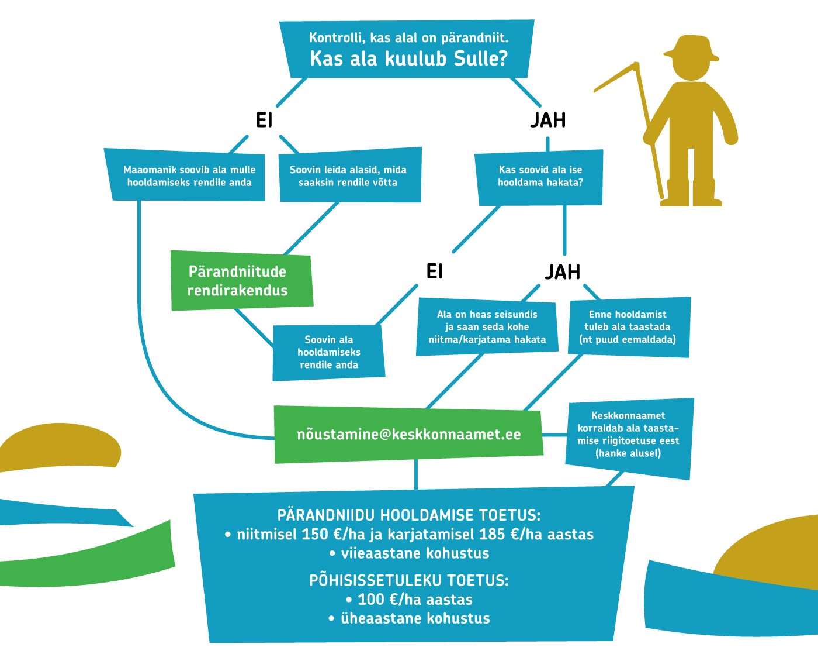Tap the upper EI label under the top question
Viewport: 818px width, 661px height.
pyautogui.click(x=264, y=121)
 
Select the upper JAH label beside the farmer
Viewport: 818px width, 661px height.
pyautogui.click(x=548, y=120)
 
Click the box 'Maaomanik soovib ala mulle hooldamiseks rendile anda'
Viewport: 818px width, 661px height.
pyautogui.click(x=185, y=175)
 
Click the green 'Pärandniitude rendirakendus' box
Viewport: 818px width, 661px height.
pyautogui.click(x=241, y=281)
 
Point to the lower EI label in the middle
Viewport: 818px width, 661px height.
pyautogui.click(x=434, y=272)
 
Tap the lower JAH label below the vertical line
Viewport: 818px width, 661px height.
pyautogui.click(x=562, y=272)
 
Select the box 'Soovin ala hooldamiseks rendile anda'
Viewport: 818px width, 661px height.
pyautogui.click(x=328, y=353)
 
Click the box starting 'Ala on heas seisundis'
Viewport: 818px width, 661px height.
pyautogui.click(x=487, y=327)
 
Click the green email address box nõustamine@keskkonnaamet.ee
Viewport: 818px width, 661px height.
pyautogui.click(x=408, y=435)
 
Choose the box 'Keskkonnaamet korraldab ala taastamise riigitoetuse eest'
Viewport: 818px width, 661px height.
pyautogui.click(x=629, y=435)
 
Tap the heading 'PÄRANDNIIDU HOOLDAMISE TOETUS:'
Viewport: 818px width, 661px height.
pyautogui.click(x=409, y=515)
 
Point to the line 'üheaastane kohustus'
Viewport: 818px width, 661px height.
pyautogui.click(x=410, y=618)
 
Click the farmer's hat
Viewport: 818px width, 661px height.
pyautogui.click(x=691, y=49)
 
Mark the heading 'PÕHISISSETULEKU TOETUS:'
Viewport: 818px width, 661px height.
pyautogui.click(x=409, y=580)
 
